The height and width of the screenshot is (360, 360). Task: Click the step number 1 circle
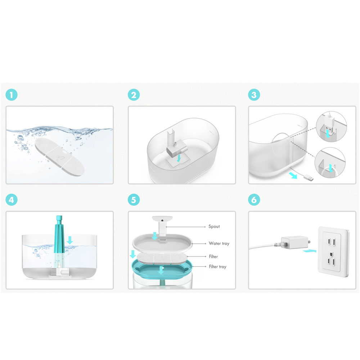pos(12,95)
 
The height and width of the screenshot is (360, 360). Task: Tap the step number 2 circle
pos(134,95)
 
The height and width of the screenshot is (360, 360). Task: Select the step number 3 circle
pos(254,95)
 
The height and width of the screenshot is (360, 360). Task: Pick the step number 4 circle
pos(12,200)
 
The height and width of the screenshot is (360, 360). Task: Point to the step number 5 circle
pos(134,200)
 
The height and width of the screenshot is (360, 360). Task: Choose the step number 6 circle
pos(254,200)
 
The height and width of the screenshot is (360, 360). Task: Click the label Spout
pos(214,226)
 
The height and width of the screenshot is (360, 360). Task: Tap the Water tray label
pos(219,243)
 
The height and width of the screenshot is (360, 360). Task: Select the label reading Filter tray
pos(218,266)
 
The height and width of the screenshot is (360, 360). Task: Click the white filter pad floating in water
pos(60,157)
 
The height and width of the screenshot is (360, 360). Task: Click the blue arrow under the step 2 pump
pos(179,158)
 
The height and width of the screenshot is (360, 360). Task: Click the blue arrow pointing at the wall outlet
pos(310,251)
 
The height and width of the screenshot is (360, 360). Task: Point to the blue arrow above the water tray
pos(155,236)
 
